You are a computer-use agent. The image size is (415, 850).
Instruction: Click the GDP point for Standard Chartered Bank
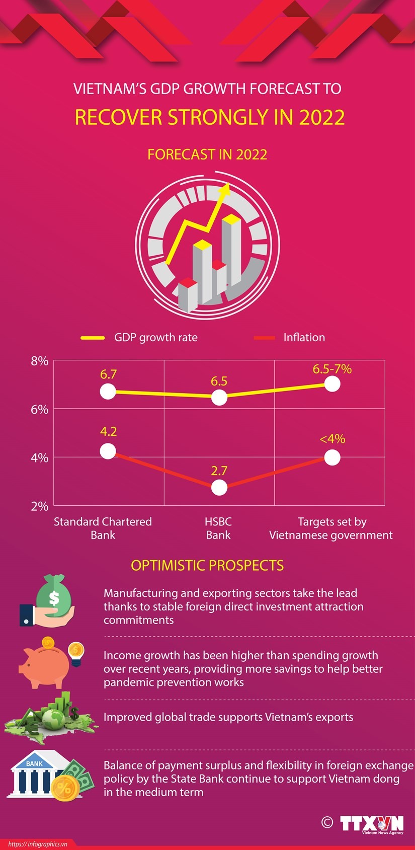point(108,392)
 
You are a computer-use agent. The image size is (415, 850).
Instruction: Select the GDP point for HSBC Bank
point(219,398)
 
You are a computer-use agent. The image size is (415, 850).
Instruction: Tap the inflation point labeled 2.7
point(219,487)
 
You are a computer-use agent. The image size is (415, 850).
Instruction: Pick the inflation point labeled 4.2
point(108,451)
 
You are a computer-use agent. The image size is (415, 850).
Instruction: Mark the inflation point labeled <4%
point(332,457)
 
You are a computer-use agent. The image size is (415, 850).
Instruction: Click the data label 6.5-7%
point(332,369)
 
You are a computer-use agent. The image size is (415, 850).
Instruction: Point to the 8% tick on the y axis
point(39,361)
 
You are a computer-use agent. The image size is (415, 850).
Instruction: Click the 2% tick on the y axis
point(39,506)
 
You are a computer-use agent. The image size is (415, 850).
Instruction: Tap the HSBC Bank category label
point(218,528)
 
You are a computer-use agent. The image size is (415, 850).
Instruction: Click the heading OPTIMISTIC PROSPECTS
point(207,565)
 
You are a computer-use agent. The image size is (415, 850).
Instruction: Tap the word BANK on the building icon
point(35,763)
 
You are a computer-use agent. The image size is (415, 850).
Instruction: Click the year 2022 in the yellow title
point(322,117)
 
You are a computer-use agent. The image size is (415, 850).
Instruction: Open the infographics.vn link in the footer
point(38,844)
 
